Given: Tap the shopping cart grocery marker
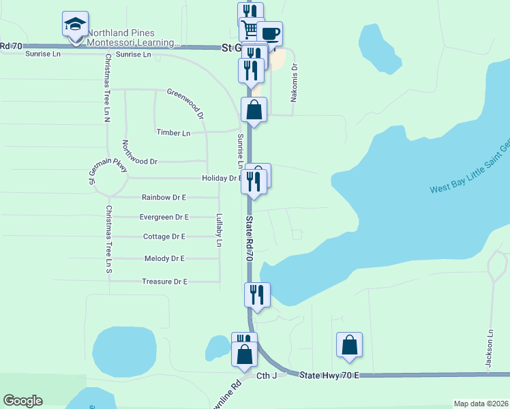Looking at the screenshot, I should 250,29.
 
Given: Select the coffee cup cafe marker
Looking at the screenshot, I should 269,34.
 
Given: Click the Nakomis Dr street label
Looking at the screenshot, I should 295,83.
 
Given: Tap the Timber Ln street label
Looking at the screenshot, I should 173,133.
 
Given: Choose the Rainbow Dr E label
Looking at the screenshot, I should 164,197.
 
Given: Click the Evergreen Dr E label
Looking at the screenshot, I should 164,217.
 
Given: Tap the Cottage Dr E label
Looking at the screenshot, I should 164,237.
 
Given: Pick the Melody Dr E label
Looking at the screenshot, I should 164,258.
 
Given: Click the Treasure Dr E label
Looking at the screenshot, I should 164,281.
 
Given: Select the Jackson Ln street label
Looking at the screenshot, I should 489,349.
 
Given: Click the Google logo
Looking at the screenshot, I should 22,401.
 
